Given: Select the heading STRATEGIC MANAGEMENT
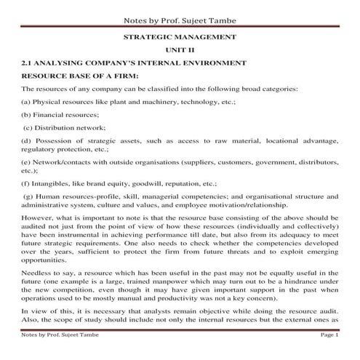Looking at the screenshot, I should (x=180, y=36).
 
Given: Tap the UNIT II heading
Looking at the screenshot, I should (x=180, y=49).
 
